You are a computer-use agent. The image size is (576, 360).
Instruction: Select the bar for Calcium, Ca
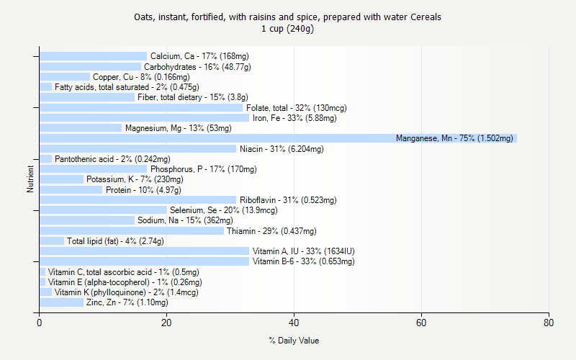93,56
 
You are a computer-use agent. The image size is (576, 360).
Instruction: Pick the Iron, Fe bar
144,118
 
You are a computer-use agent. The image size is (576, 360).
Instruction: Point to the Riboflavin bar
138,200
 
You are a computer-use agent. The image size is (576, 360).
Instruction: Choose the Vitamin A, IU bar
144,251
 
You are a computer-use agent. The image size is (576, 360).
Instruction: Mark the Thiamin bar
131,231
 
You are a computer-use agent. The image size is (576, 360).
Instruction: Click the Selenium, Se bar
102,210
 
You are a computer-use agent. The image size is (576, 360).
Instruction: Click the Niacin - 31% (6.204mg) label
282,149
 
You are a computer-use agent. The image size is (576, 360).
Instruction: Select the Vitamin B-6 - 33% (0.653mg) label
304,261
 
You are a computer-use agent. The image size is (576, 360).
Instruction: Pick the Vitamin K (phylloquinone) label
126,292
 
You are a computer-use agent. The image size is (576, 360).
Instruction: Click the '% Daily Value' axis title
294,341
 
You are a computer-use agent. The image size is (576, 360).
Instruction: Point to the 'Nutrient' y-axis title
30,179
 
